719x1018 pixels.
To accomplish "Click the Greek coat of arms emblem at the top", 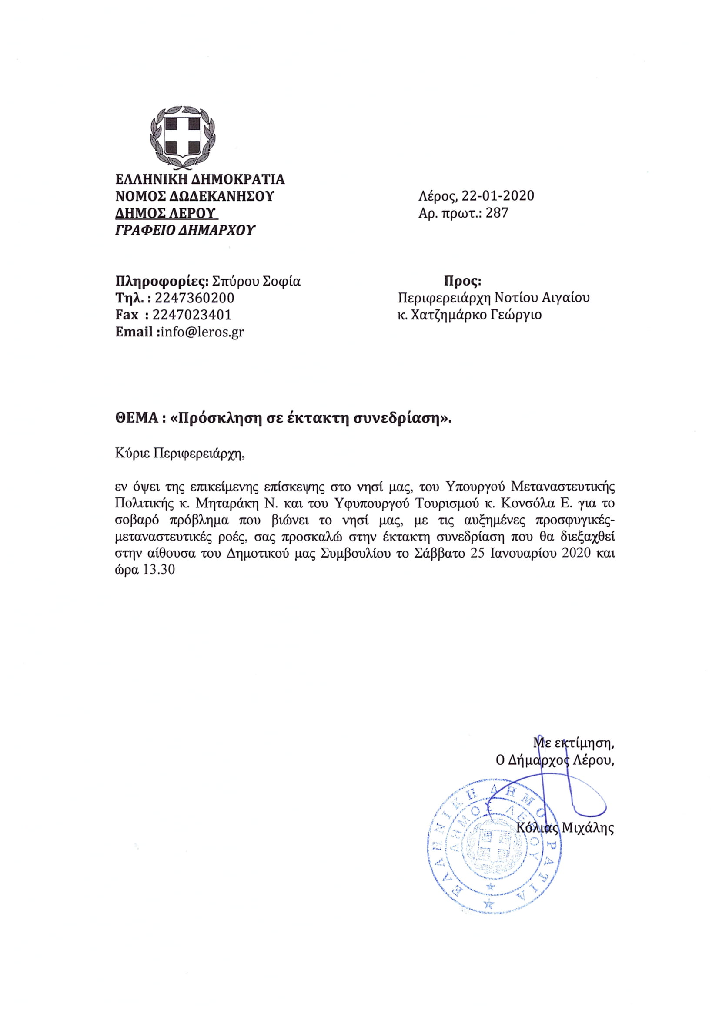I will (x=183, y=138).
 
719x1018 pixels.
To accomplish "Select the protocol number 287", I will (x=497, y=213).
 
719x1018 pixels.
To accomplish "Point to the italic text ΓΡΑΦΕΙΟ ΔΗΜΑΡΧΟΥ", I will (x=185, y=230).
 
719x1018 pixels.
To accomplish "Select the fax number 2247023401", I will (x=192, y=315).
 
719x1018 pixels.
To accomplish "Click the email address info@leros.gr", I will (x=202, y=332).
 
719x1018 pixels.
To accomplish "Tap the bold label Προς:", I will (x=462, y=281).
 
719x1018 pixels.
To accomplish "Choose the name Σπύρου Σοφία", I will (x=257, y=281).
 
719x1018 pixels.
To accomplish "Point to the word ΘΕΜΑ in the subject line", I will (x=137, y=418).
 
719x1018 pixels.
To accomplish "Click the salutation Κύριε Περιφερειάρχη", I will (x=179, y=453).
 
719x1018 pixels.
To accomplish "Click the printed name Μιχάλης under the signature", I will (x=588, y=828).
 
